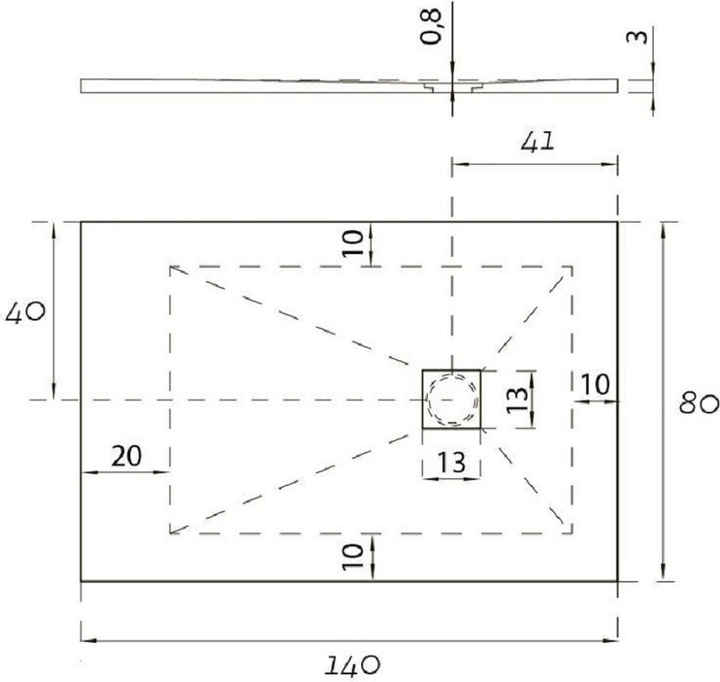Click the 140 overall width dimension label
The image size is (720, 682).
point(353,666)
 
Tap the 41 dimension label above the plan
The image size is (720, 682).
point(538,142)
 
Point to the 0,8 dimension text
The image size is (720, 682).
point(432,26)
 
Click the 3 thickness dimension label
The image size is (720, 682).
point(637,37)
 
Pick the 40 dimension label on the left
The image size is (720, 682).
point(26,314)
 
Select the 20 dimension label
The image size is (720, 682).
point(127,456)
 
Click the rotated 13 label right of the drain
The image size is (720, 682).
point(518,399)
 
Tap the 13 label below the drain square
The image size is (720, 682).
point(451,462)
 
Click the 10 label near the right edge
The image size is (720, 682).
point(596,384)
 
